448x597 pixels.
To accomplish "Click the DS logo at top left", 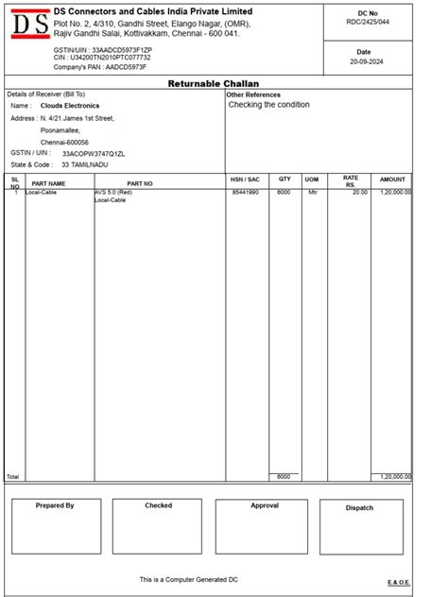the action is click(x=27, y=24).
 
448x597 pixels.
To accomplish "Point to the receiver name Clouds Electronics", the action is click(x=70, y=107).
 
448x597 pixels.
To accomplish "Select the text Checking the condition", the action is click(x=268, y=105).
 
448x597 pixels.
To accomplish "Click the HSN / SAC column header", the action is click(x=244, y=179).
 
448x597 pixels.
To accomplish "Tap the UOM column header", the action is click(x=311, y=179).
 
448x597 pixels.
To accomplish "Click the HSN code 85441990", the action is click(x=245, y=192).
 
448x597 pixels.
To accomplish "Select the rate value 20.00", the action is click(x=359, y=192).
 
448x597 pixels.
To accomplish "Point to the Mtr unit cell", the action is click(x=313, y=192).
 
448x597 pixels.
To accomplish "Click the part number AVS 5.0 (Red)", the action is click(x=113, y=192).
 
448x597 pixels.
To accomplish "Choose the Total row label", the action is click(x=12, y=477).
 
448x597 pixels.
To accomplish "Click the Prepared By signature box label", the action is click(x=55, y=506).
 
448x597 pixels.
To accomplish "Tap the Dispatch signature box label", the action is click(x=359, y=508).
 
